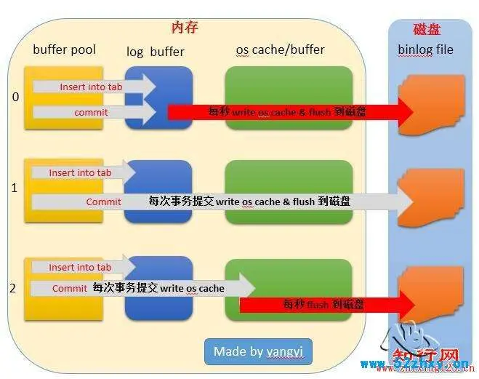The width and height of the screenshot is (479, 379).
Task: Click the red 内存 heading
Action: pos(185,28)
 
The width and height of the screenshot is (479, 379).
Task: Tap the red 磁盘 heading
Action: pos(426,29)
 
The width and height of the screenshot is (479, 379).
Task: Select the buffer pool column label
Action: pos(64,49)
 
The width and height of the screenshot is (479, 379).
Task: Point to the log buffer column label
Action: pos(155,51)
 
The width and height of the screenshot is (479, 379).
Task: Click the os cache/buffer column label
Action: pos(280,49)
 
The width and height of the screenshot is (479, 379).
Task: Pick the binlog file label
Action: pos(425,49)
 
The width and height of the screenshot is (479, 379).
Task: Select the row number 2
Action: pos(12,288)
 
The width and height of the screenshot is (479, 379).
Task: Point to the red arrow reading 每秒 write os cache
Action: pos(291,112)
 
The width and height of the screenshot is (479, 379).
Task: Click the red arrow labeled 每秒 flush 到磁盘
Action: pos(327,304)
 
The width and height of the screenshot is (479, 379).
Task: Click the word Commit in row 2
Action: pos(70,289)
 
